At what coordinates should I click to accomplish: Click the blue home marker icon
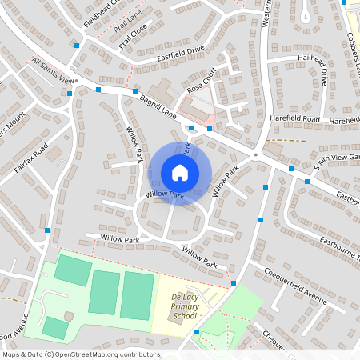coord(180,173)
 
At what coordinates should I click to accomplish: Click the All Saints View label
coord(52,70)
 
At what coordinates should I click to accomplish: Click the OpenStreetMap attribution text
coord(81,354)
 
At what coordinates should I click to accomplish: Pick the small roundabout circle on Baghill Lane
coord(255,154)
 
